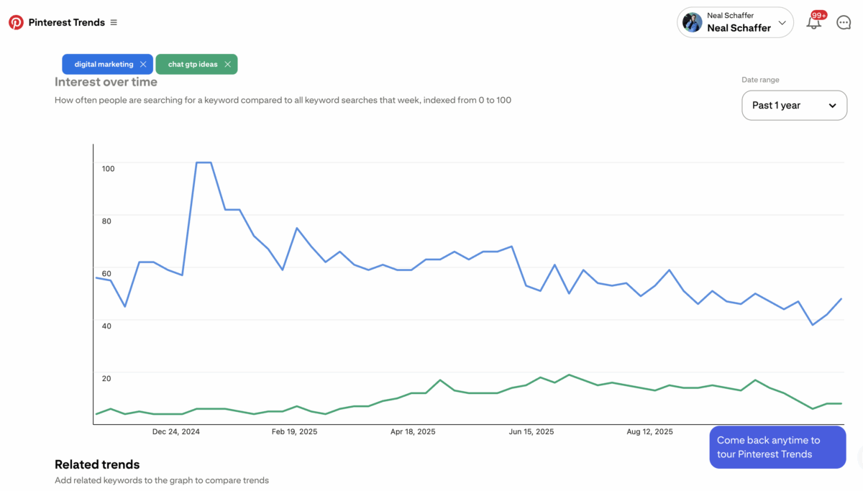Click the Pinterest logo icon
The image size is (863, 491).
(16, 22)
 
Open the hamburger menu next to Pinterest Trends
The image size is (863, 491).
(114, 22)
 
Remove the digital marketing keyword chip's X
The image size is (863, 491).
(143, 64)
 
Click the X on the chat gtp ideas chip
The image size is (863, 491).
(227, 64)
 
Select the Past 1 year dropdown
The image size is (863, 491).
(794, 105)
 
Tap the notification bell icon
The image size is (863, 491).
(813, 23)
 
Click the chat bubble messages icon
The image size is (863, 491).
(844, 22)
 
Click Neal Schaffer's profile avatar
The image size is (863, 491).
(692, 22)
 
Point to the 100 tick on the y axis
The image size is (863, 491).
(108, 168)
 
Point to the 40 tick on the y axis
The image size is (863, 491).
(106, 326)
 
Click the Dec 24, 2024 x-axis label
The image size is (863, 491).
(176, 432)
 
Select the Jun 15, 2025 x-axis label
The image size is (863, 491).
(531, 432)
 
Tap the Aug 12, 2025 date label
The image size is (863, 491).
(650, 432)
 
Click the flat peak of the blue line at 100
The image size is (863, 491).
(204, 162)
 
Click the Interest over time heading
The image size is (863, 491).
(106, 82)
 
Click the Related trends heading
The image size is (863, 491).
(97, 464)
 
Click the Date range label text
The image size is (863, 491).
(760, 80)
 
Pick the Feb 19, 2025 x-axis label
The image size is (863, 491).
(294, 432)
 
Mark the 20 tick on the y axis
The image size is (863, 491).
(106, 378)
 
